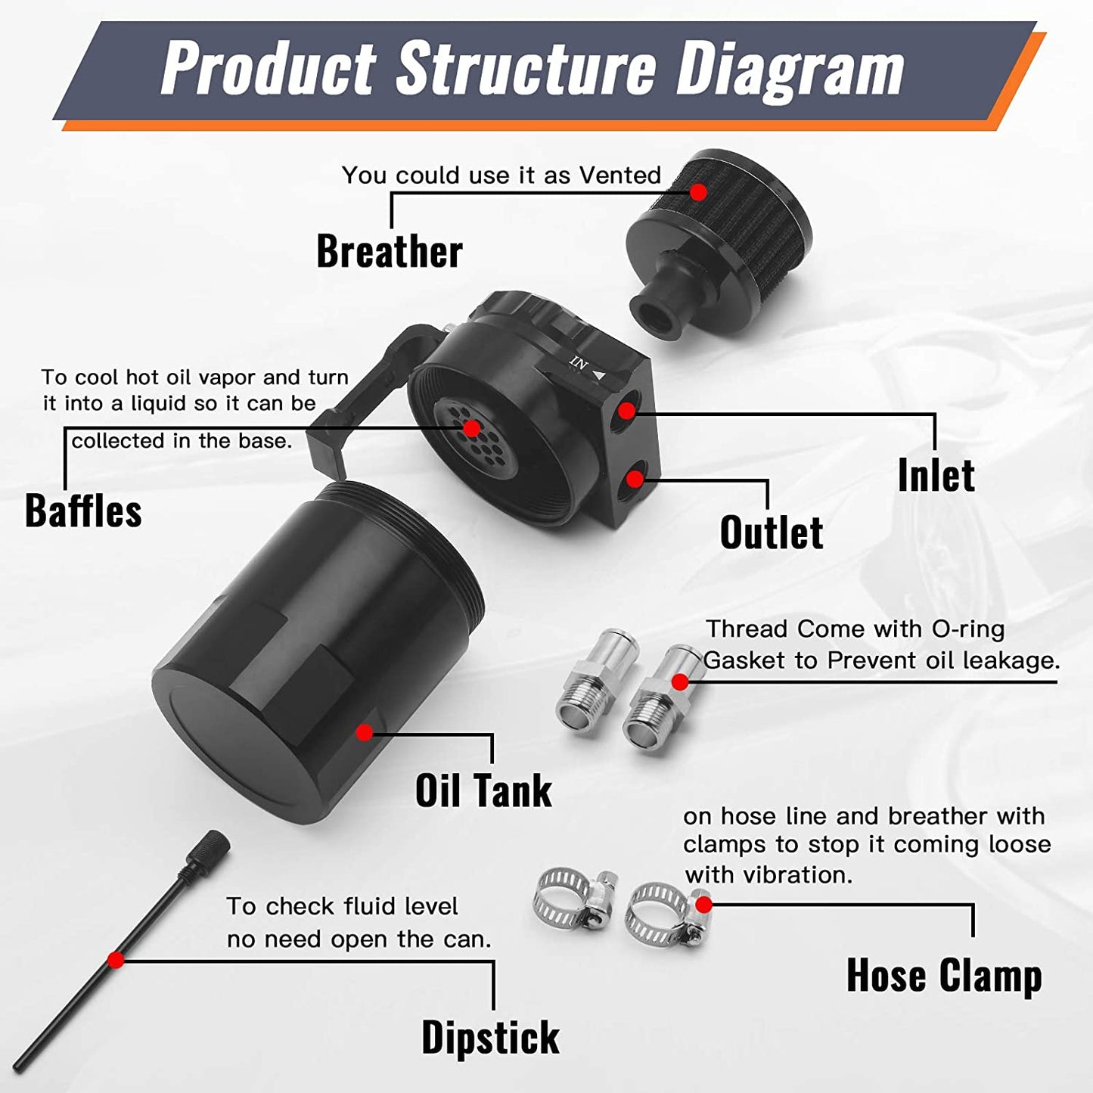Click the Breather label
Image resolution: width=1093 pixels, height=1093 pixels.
pyautogui.click(x=389, y=251)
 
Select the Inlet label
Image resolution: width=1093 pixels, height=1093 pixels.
pyautogui.click(x=936, y=475)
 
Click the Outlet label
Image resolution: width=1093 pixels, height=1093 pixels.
pyautogui.click(x=771, y=533)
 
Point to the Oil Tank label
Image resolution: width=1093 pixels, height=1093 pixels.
pyautogui.click(x=483, y=790)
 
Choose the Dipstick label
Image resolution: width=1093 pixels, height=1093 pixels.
pyautogui.click(x=490, y=1037)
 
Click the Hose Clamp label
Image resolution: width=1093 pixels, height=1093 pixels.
pyautogui.click(x=944, y=975)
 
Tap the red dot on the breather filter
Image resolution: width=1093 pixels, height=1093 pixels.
pyautogui.click(x=698, y=192)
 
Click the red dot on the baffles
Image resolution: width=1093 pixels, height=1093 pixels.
pyautogui.click(x=471, y=429)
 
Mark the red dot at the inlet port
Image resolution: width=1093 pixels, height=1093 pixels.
pyautogui.click(x=626, y=411)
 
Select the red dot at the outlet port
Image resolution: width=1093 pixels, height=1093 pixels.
pyautogui.click(x=635, y=479)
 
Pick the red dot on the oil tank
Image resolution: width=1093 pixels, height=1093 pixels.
pyautogui.click(x=365, y=732)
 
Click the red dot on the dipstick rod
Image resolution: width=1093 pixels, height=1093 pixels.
pyautogui.click(x=116, y=960)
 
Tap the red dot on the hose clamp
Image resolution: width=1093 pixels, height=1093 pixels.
pyautogui.click(x=703, y=905)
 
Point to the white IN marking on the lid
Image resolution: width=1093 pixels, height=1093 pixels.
pyautogui.click(x=579, y=363)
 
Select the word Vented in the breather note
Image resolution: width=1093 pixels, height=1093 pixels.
pyautogui.click(x=620, y=175)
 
